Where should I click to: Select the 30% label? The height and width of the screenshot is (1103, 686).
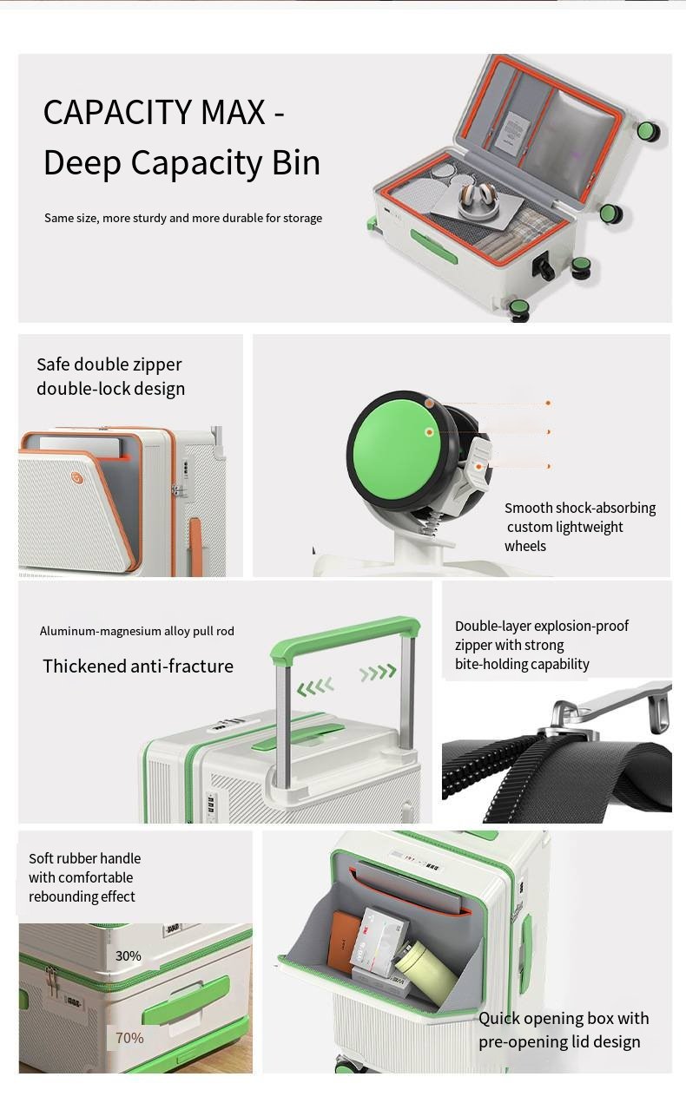pos(128,955)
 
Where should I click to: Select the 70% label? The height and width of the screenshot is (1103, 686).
pos(129,1037)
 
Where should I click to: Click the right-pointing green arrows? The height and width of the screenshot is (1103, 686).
pos(378,672)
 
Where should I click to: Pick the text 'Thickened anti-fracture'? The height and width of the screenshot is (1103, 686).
pos(138,666)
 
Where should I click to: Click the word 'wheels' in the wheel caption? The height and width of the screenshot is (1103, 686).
pos(525,546)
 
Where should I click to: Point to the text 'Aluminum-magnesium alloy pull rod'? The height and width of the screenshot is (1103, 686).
pos(136,631)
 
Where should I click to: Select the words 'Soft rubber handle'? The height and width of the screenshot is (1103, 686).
pos(84,858)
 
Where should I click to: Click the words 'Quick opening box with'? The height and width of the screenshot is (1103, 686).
pos(564,1018)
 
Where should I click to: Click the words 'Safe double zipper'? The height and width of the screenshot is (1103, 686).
pos(109,364)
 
